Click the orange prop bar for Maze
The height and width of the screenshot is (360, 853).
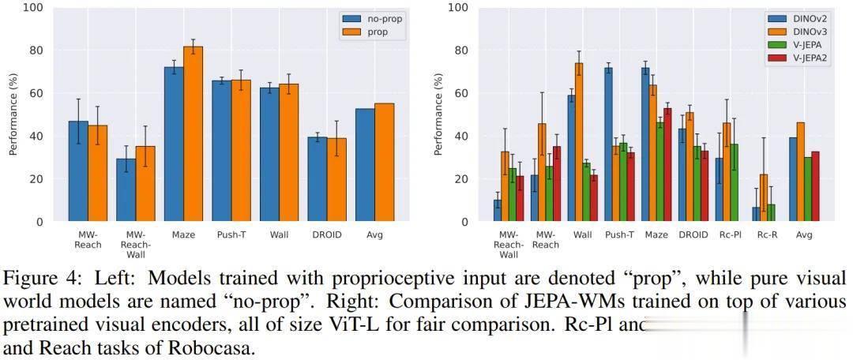click(193, 134)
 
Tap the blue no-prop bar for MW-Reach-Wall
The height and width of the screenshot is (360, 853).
click(126, 190)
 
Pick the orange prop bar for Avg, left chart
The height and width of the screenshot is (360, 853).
click(384, 163)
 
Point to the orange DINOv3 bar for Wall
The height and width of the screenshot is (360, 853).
click(579, 142)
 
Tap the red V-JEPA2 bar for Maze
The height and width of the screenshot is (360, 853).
click(667, 165)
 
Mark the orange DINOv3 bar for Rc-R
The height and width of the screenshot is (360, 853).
click(764, 198)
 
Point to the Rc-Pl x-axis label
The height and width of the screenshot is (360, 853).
click(731, 234)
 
